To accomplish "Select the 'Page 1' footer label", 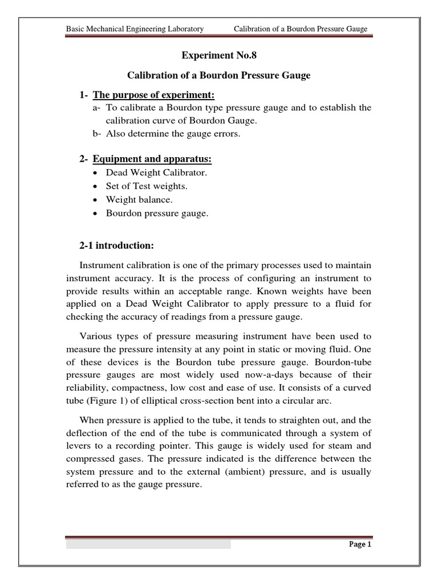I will pyautogui.click(x=360, y=544).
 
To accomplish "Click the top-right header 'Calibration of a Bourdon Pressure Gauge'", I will pyautogui.click(x=301, y=29).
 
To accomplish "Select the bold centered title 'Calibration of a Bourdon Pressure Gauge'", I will pyautogui.click(x=218, y=76).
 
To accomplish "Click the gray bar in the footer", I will pyautogui.click(x=148, y=544).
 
